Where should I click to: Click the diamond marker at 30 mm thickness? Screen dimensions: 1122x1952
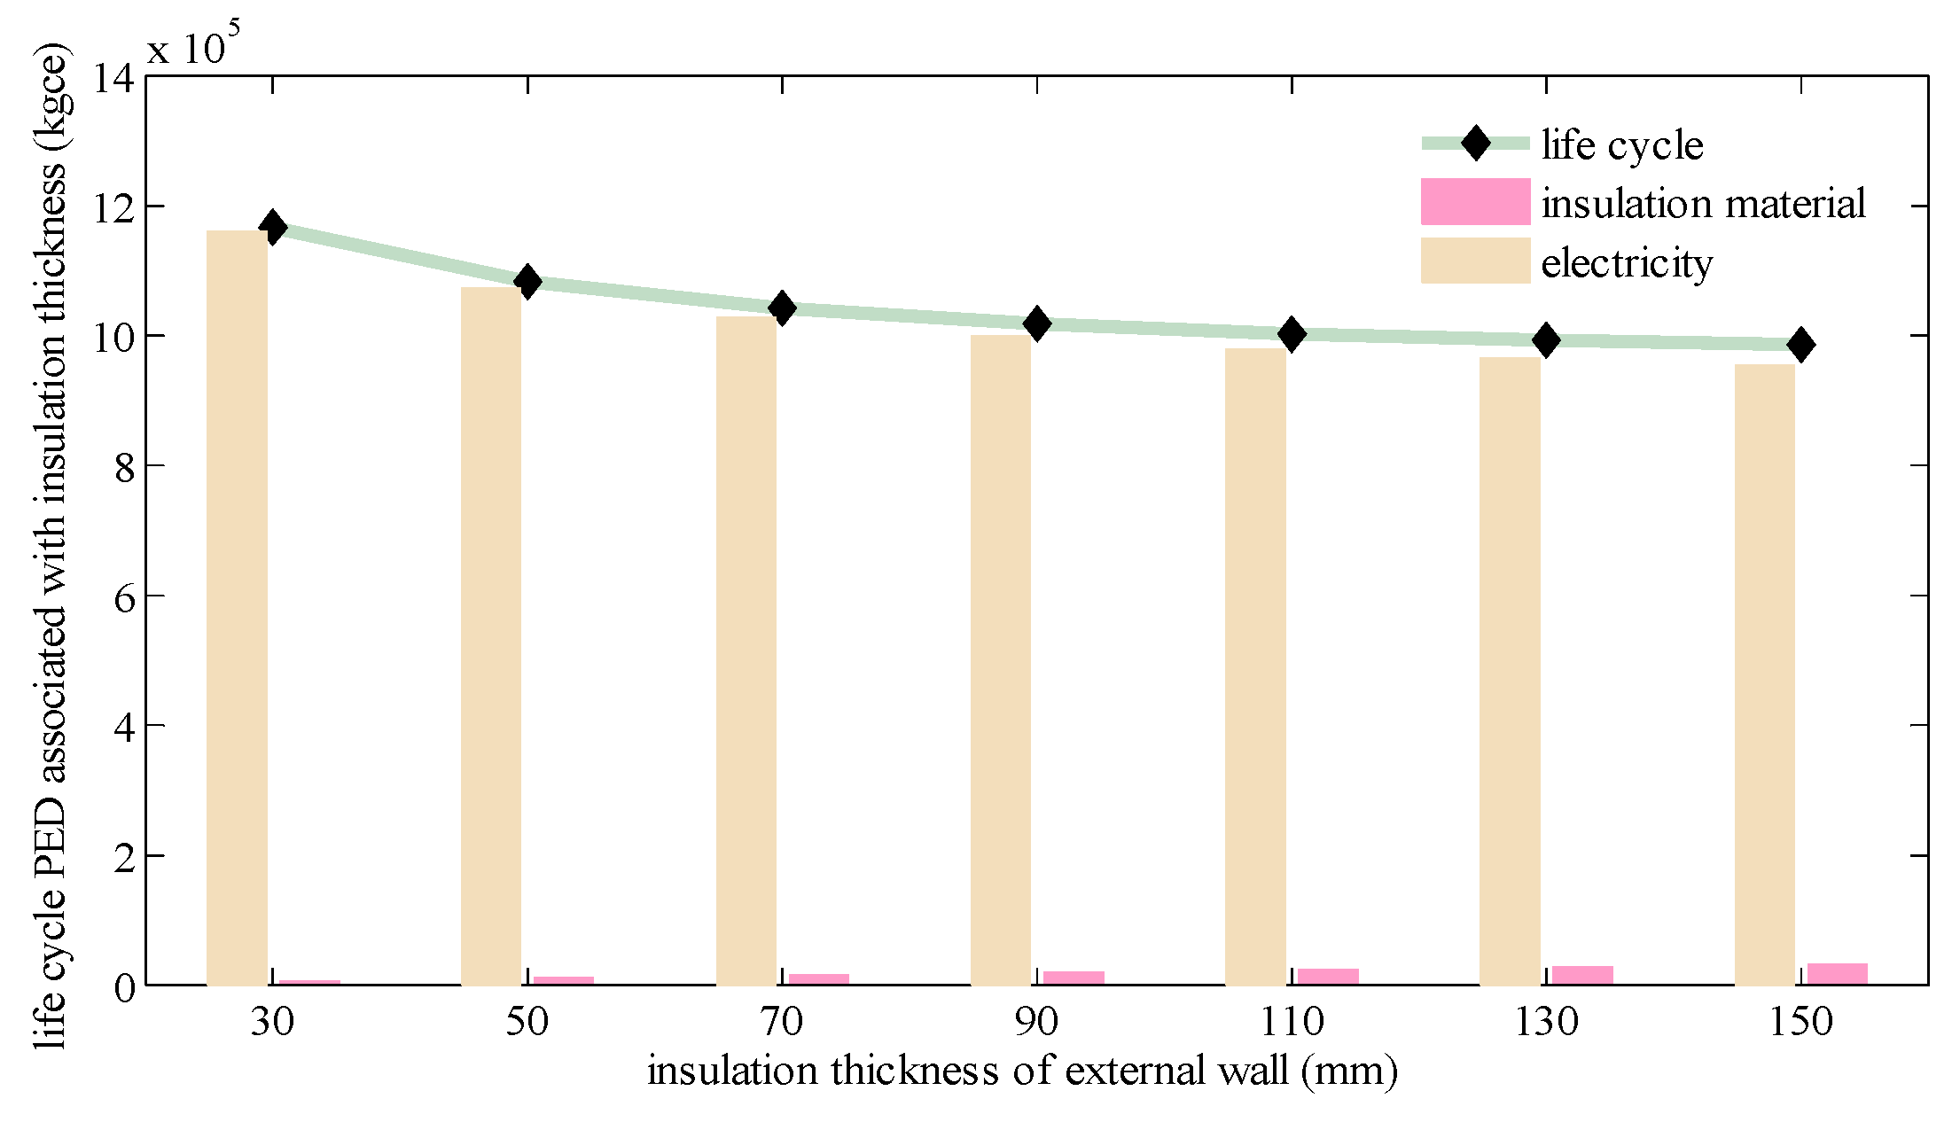(x=273, y=228)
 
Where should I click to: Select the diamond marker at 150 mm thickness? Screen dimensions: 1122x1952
(x=1800, y=345)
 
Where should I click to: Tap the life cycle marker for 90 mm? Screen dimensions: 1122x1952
(x=1036, y=324)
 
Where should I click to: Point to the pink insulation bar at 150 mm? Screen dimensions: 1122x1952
(x=1837, y=973)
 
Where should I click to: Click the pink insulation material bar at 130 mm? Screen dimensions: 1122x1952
(x=1582, y=975)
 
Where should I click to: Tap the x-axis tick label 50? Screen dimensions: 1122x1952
(x=527, y=1023)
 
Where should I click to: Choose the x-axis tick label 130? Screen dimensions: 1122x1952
(x=1546, y=1023)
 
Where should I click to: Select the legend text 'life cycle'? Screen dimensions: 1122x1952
(x=1622, y=145)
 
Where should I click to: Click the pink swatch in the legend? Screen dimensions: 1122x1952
(x=1475, y=201)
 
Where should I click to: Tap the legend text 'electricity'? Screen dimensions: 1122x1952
(x=1627, y=263)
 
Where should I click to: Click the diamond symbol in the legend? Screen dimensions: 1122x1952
(x=1476, y=143)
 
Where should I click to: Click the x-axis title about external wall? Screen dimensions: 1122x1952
(x=1022, y=1071)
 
